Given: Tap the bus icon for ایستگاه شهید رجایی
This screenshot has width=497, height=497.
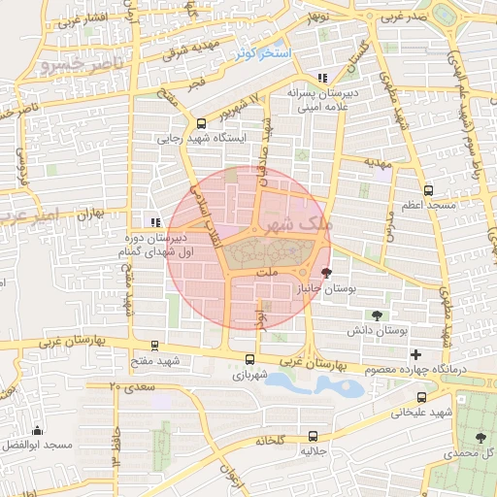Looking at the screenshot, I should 201,123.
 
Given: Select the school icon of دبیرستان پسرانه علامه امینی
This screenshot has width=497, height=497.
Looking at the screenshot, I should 322,79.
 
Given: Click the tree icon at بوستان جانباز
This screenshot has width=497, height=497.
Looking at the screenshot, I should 325,274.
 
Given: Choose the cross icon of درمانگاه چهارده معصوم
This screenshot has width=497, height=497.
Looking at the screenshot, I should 416,355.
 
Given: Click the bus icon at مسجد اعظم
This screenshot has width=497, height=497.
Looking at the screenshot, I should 428,190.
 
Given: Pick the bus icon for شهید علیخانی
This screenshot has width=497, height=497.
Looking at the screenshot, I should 420,397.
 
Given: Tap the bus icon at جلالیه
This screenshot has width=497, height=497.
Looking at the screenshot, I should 312,436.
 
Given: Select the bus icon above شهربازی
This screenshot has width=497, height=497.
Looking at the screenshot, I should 244,359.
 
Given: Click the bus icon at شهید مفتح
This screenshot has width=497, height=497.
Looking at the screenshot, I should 154,346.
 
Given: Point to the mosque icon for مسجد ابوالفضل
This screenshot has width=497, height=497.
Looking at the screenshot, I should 38,429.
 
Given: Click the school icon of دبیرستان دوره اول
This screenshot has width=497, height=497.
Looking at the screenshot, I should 155,222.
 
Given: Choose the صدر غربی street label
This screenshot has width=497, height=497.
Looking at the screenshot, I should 405,17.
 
